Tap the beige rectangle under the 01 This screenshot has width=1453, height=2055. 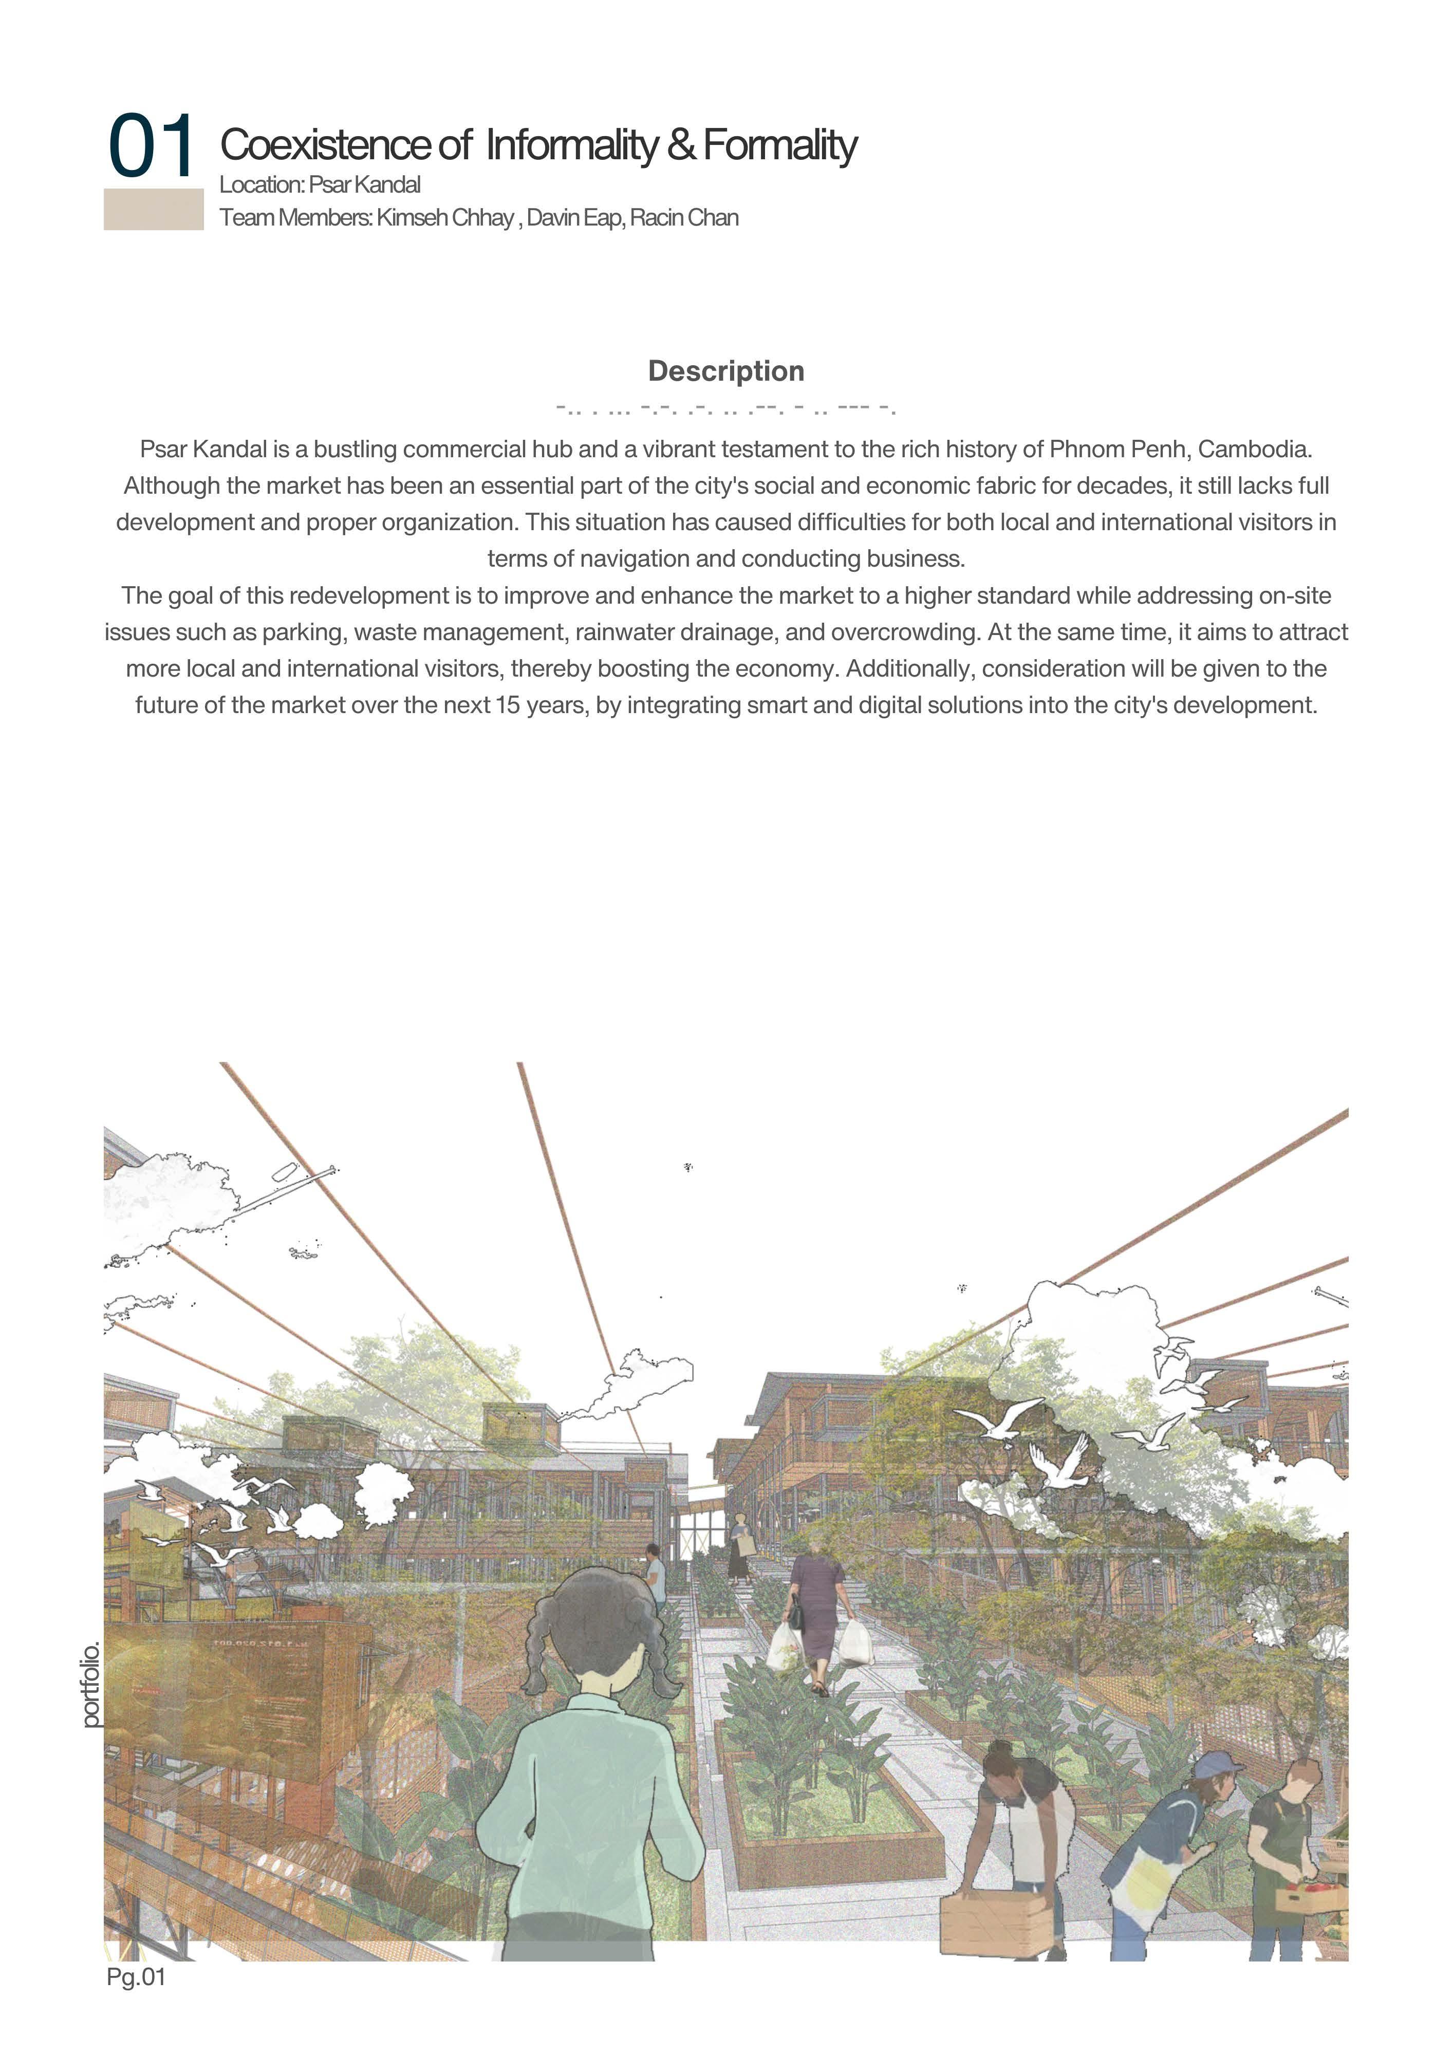click(x=153, y=210)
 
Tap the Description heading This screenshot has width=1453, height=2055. click(x=726, y=371)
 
